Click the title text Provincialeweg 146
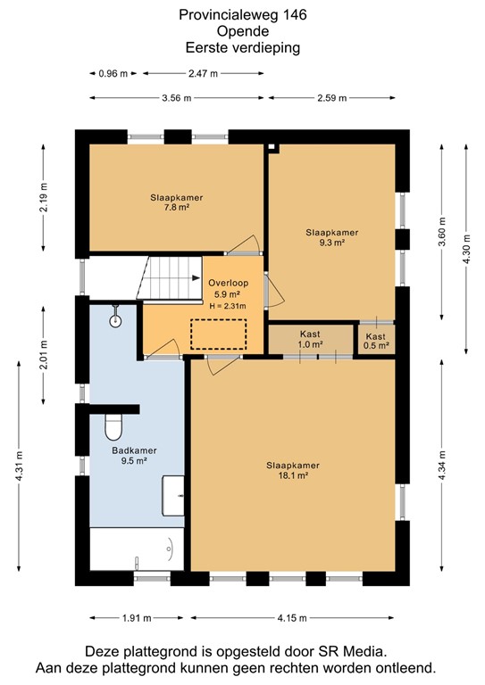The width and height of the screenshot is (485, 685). [x=242, y=14]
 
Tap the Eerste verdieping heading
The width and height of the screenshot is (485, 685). [x=242, y=48]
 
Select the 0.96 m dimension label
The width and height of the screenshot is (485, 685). [x=113, y=74]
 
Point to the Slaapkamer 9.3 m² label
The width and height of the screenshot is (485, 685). [x=330, y=236]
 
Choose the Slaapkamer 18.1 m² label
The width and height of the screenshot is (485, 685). [x=293, y=470]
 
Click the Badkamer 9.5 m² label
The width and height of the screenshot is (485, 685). [x=134, y=456]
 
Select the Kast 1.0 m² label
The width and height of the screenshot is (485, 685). [x=310, y=339]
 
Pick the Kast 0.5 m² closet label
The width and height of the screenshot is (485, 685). [x=377, y=339]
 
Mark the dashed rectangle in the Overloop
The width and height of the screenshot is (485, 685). [x=219, y=334]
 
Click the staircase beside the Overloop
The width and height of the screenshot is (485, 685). [x=169, y=277]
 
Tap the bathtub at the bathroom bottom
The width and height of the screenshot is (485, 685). [x=137, y=549]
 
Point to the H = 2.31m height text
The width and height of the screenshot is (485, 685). [x=228, y=306]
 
